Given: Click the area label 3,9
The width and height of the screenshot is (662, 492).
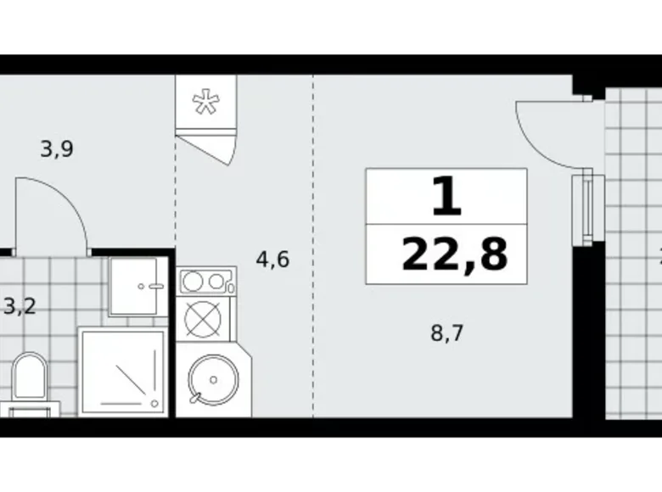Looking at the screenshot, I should [57, 150].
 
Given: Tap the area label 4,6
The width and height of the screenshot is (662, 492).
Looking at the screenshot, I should [272, 260].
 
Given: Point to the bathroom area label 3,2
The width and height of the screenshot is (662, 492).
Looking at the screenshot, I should [19, 305].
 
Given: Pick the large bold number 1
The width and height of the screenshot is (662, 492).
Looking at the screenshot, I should [446, 198].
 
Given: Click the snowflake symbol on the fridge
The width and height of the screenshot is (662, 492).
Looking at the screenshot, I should [204, 103].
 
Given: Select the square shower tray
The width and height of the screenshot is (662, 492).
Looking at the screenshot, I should [121, 372].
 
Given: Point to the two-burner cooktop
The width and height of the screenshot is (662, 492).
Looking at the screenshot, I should [206, 281].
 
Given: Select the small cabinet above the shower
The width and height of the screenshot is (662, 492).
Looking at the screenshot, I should [136, 286].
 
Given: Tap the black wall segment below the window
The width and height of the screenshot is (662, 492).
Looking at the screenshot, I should [588, 339].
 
